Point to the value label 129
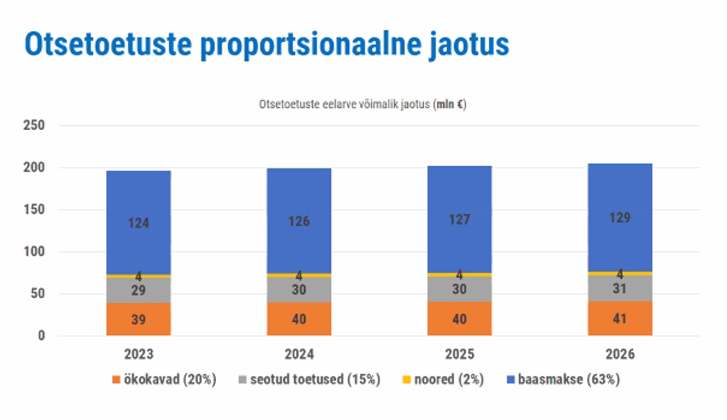(620, 218)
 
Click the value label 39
(138, 320)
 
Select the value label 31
(620, 289)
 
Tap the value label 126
(299, 221)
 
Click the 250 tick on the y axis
(34, 126)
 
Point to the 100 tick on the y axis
(34, 252)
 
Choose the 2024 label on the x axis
(299, 354)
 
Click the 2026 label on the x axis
(620, 354)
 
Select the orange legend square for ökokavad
(116, 380)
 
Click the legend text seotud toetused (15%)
(314, 380)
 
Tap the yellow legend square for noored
(406, 380)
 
